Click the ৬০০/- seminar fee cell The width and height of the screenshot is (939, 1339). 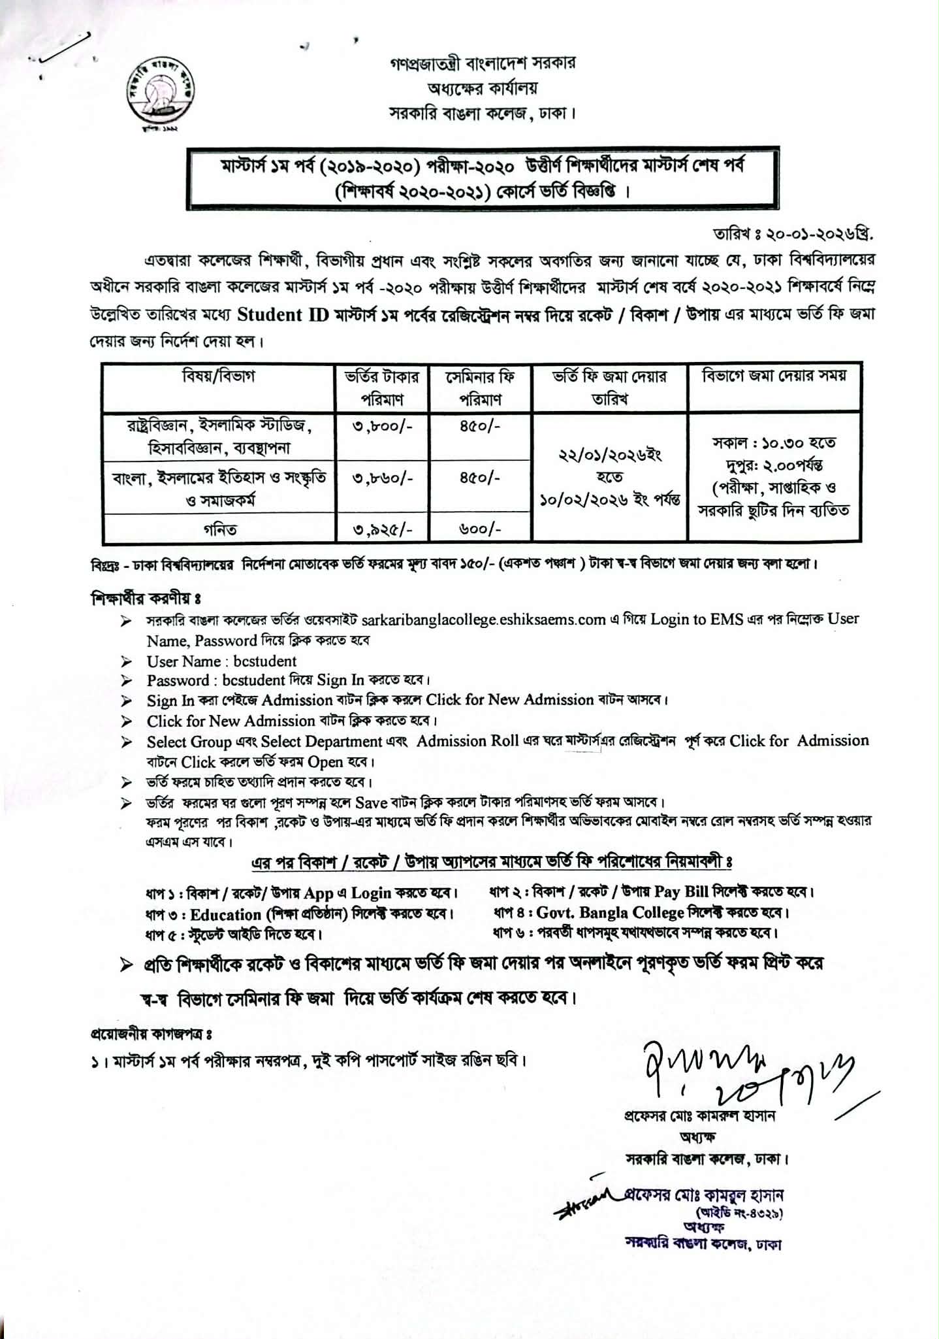pyautogui.click(x=480, y=529)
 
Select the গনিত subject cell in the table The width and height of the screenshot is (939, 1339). pyautogui.click(x=219, y=529)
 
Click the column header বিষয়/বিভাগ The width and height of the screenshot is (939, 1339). pyautogui.click(x=219, y=376)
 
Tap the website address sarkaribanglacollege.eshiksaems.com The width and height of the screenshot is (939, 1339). pyautogui.click(x=483, y=620)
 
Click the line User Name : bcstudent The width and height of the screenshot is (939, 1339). pyautogui.click(x=221, y=661)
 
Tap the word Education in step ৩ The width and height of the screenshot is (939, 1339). pyautogui.click(x=225, y=914)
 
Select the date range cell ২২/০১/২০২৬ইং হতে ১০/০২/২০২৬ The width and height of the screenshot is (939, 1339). pyautogui.click(x=610, y=477)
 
